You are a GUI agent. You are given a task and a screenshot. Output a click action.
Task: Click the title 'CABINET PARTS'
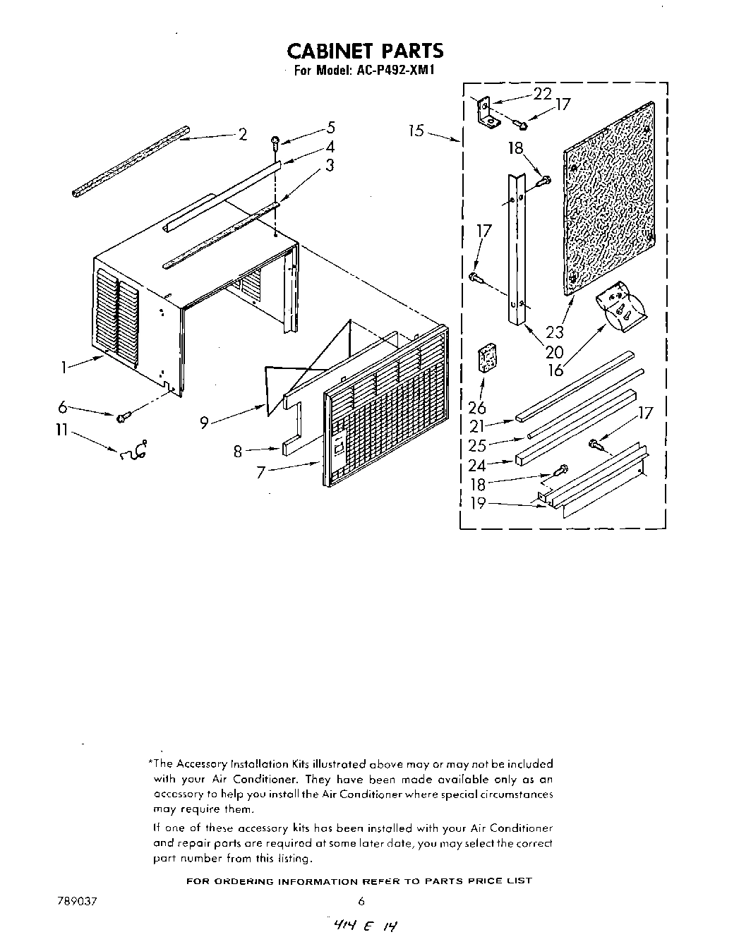(365, 51)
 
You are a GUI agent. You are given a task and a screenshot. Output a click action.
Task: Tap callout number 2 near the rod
(243, 135)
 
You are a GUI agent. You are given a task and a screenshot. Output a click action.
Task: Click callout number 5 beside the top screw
(330, 128)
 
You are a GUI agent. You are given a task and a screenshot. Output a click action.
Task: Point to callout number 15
(416, 131)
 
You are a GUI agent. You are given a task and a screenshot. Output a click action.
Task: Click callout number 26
(477, 407)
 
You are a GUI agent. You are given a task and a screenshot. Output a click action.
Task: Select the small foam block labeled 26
(486, 358)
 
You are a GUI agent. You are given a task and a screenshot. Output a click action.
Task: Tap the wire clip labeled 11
(134, 451)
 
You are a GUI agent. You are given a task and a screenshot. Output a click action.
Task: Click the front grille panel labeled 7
(385, 409)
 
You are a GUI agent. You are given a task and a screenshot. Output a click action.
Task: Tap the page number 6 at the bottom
(361, 901)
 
